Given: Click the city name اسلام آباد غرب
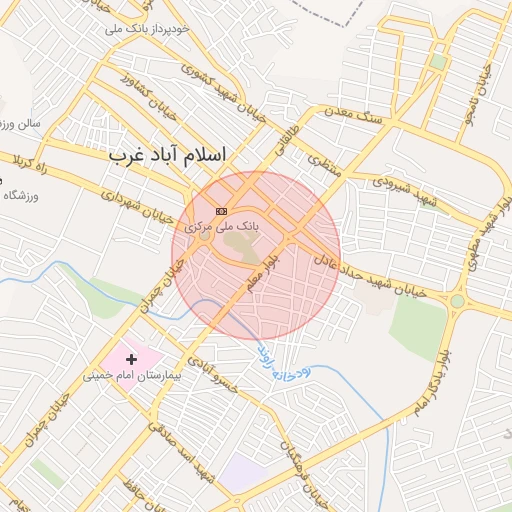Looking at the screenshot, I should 167,155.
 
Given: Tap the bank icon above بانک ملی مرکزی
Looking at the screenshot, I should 220,211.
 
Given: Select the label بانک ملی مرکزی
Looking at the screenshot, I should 221,227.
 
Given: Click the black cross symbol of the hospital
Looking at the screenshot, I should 131,358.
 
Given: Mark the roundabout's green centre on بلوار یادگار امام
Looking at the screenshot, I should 457,300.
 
